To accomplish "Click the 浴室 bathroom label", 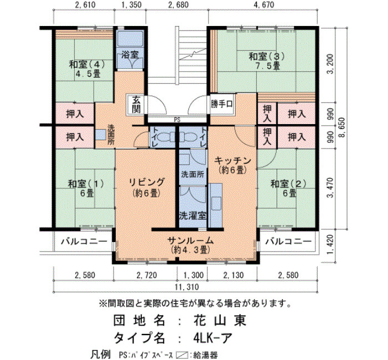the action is [130, 54].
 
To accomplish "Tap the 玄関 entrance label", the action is [136, 104].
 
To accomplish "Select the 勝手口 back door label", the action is [222, 104].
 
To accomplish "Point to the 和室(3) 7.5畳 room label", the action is [267, 61].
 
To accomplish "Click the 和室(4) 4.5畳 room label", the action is [87, 69].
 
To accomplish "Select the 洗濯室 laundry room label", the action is [193, 215].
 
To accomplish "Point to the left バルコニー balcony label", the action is [84, 241].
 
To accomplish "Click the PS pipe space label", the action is [177, 120].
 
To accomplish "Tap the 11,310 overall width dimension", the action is [187, 287].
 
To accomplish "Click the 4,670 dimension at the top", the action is [264, 4].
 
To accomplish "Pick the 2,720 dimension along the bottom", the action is [147, 275].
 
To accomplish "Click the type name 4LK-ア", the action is [213, 338].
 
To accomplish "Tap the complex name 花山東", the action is [219, 321].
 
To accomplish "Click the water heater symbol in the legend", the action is [182, 355].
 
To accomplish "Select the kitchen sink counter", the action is [215, 205].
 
